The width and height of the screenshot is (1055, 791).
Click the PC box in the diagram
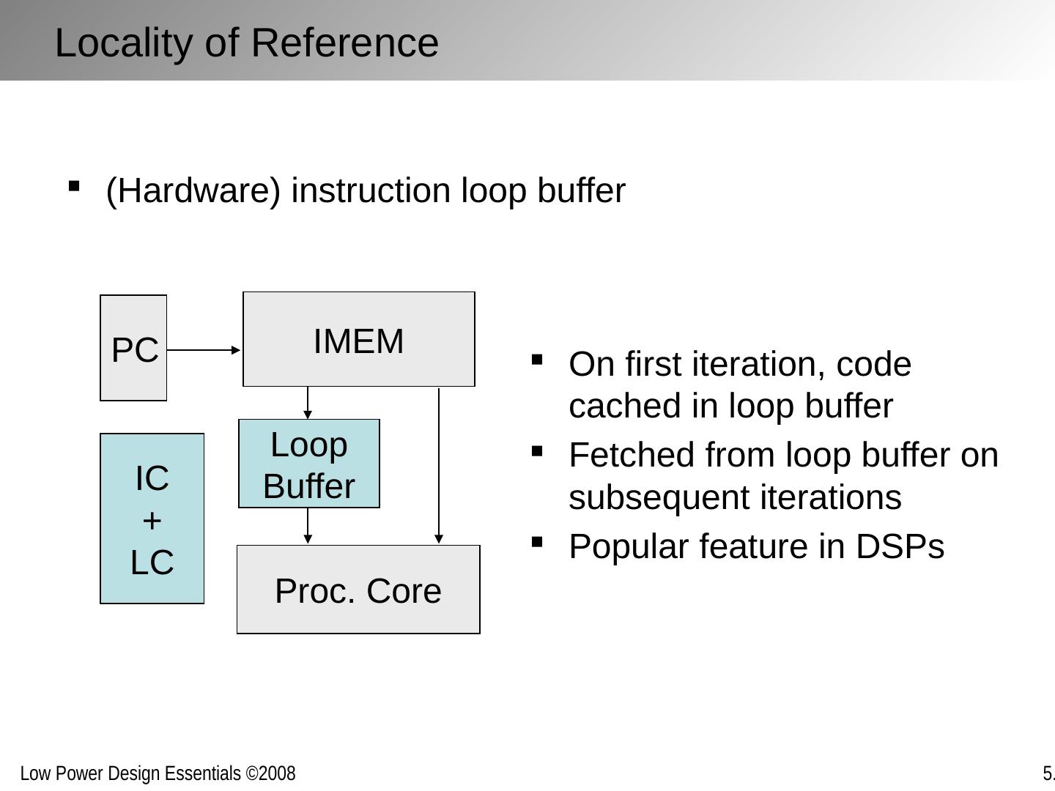click(x=133, y=349)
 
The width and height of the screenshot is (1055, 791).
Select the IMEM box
click(x=358, y=340)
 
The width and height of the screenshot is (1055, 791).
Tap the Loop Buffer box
click(x=308, y=464)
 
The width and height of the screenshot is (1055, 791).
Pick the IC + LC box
click(x=152, y=519)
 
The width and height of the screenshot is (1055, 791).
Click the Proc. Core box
click(x=358, y=590)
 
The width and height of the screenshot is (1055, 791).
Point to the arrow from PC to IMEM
click(x=204, y=350)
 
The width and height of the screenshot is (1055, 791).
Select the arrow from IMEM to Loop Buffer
click(x=308, y=402)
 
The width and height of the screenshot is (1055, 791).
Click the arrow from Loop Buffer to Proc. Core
click(x=308, y=526)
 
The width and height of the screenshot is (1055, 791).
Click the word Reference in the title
click(x=345, y=42)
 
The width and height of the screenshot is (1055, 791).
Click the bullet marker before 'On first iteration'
click(x=537, y=360)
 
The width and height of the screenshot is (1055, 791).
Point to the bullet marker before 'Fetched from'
click(x=537, y=450)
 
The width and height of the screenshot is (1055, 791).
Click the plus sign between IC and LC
click(x=152, y=521)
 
